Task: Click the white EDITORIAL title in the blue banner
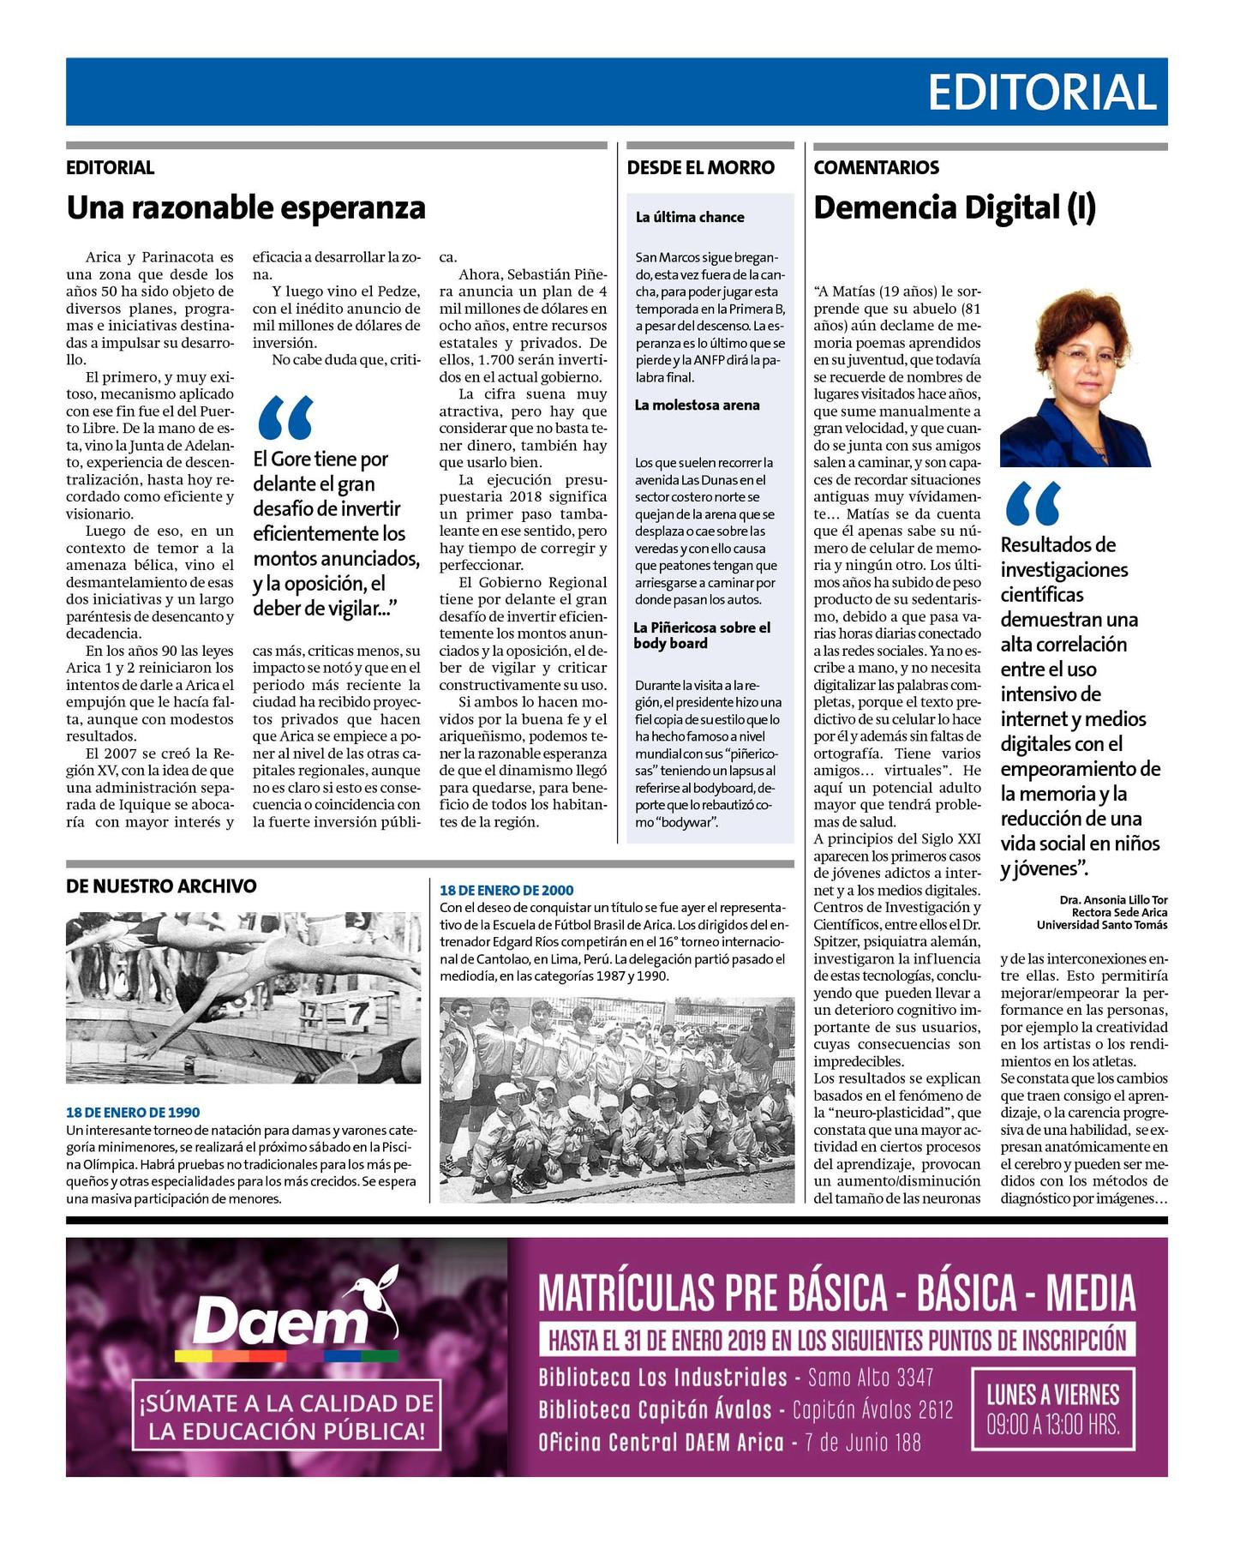coord(1042,93)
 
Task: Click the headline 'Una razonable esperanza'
coord(246,208)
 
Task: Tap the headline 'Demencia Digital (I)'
coord(955,208)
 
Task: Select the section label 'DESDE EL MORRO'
coord(700,168)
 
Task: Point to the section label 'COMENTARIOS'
coord(876,168)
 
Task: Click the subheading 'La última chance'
coord(690,218)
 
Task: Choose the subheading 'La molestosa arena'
coord(697,405)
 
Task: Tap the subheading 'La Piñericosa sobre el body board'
coord(702,635)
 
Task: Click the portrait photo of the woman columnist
coord(1075,377)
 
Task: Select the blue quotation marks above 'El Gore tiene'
coord(285,417)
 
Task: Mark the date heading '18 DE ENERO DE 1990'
coord(133,1113)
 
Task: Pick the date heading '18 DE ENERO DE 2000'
coord(506,891)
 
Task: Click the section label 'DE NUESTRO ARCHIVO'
coord(161,886)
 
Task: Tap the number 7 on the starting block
coord(355,1014)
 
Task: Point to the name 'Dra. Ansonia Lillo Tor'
coord(1113,900)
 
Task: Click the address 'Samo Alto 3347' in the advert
coord(871,1378)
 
